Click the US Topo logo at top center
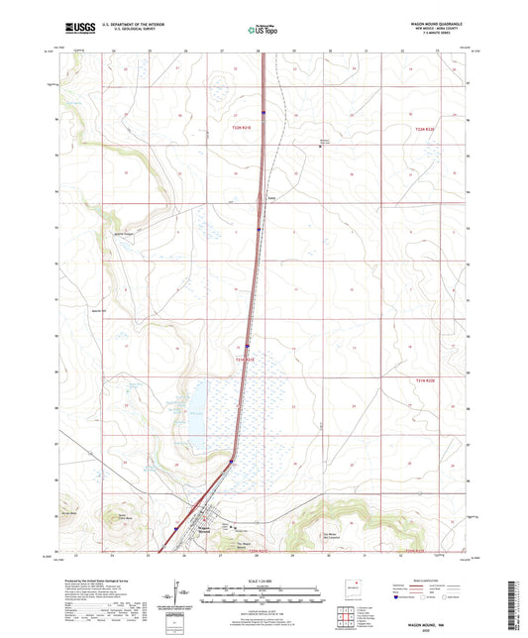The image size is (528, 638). pos(262,30)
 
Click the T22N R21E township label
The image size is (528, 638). pos(243,128)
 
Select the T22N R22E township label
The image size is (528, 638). pos(424,128)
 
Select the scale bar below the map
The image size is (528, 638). pos(263,597)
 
